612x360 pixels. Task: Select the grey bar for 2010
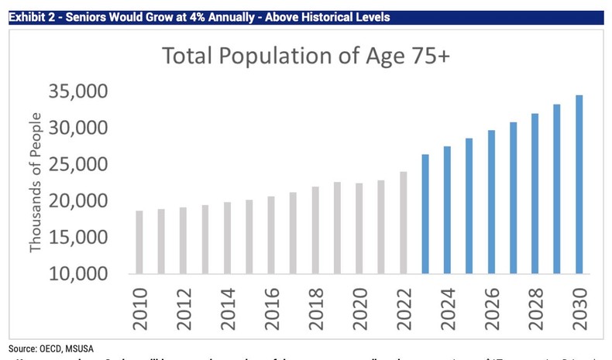pyautogui.click(x=139, y=242)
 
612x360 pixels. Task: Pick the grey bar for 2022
pyautogui.click(x=403, y=223)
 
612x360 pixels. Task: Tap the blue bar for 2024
pyautogui.click(x=447, y=210)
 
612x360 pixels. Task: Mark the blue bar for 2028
pyautogui.click(x=535, y=194)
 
